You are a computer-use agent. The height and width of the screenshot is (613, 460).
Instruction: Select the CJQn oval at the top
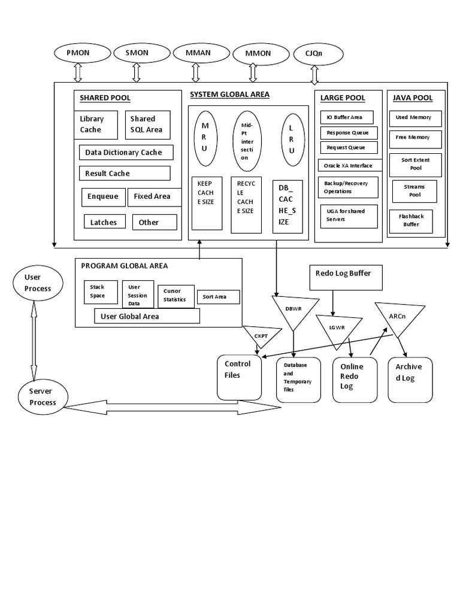[318, 54]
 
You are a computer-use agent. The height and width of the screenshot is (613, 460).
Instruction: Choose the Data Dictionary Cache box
[126, 152]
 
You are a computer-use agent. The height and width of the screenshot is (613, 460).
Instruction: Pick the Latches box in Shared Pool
[104, 222]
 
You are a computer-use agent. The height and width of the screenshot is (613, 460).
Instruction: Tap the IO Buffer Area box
[347, 117]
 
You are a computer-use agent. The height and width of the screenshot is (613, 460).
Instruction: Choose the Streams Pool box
[414, 191]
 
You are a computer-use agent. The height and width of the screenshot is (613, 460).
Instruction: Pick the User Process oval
[38, 283]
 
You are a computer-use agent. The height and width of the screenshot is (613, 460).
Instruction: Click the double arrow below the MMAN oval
[196, 72]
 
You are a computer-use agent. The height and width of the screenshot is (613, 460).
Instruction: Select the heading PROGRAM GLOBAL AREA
[124, 266]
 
